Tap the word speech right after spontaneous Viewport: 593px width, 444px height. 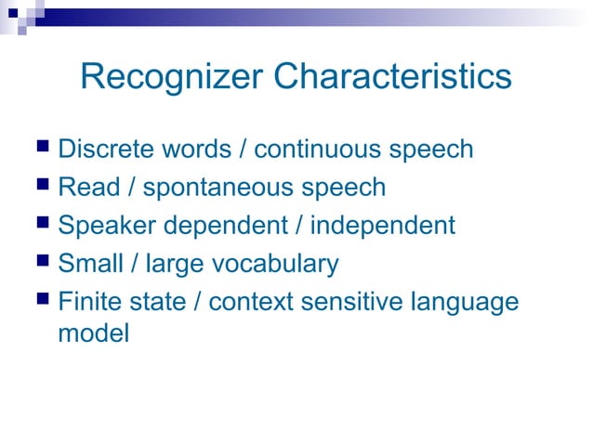(343, 189)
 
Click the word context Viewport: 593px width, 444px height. (245, 303)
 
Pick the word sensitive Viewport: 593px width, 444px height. (346, 303)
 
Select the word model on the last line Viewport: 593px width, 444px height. (93, 333)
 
